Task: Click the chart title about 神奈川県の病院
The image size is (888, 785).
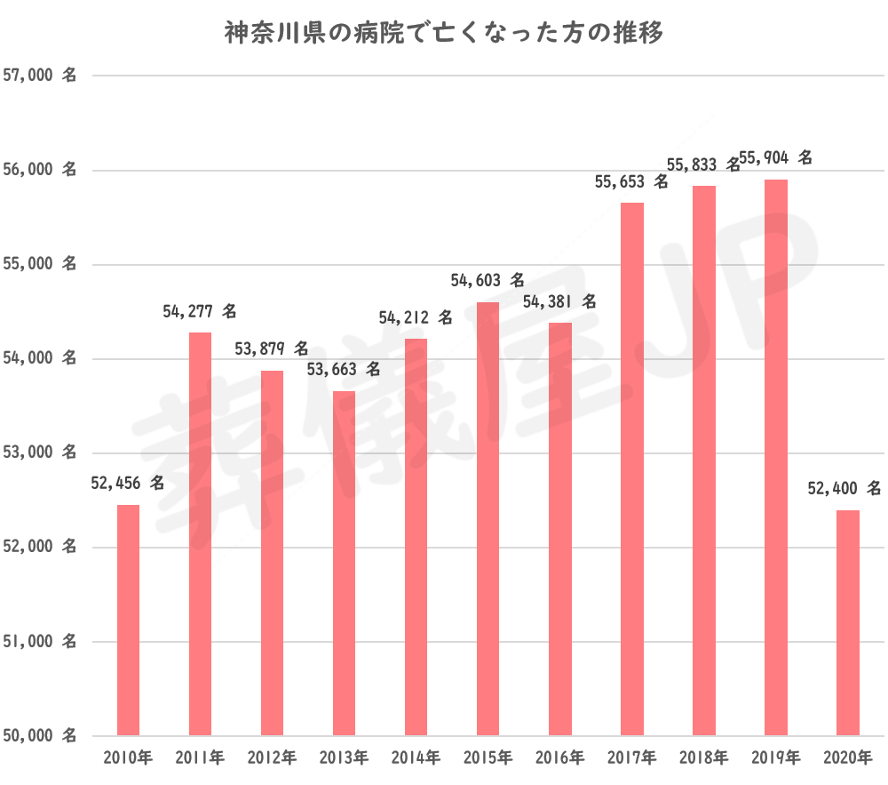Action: point(443,35)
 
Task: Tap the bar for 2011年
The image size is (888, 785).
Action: point(201,533)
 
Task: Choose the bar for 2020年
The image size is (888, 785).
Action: point(848,622)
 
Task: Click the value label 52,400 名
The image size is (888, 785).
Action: point(844,488)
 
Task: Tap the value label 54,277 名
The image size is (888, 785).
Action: point(200,312)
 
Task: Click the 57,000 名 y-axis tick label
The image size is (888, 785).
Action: point(40,76)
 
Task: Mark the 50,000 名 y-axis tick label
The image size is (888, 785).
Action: point(40,735)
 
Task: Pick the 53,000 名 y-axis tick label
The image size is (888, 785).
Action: point(40,453)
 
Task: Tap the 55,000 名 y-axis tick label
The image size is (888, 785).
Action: point(40,265)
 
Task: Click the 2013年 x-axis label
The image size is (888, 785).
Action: point(344,758)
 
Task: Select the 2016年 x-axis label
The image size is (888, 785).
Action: point(560,758)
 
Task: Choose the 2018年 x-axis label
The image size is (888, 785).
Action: point(704,758)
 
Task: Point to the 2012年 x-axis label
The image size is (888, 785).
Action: point(272,758)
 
